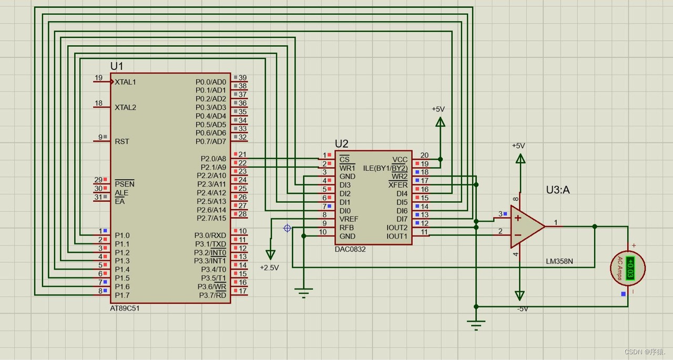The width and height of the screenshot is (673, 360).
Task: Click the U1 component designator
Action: pos(116,66)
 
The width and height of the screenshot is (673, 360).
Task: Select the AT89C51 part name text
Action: pos(125,308)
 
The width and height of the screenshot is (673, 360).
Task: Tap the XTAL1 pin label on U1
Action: pos(126,82)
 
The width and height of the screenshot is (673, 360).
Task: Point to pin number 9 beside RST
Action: pos(100,137)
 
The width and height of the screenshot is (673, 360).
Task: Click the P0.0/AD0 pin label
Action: pos(210,82)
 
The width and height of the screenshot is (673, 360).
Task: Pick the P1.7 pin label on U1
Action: pos(122,295)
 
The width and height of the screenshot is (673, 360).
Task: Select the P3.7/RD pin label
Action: pos(212,295)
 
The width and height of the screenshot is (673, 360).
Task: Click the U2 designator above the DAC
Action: pos(341,144)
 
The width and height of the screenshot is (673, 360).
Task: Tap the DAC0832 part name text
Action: pos(350,249)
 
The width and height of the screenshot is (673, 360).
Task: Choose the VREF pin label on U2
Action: pos(349,219)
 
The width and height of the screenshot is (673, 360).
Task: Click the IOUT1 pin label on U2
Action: pos(397,236)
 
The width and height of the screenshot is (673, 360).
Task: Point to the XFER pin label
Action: pos(398,185)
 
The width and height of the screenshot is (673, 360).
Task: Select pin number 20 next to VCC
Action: pos(424,155)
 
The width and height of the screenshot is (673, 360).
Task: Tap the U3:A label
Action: pos(558,190)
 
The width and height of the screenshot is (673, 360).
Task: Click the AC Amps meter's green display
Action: pos(630,268)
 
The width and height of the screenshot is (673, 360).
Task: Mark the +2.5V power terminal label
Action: pos(269,268)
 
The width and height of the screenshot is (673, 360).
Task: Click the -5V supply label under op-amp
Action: pos(522,309)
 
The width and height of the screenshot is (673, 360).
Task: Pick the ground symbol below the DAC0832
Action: pos(304,292)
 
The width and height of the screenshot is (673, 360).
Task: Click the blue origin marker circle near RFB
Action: pos(287,228)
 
